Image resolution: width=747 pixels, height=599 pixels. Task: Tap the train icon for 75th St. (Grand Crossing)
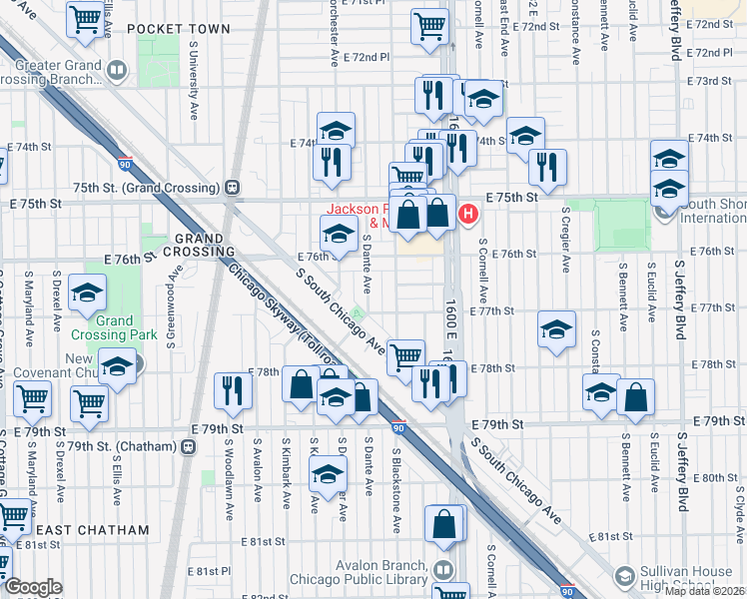point(232,188)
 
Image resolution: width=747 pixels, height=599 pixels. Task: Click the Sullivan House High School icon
point(624,575)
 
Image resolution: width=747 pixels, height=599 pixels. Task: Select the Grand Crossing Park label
point(115,327)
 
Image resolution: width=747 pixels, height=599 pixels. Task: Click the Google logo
point(33,587)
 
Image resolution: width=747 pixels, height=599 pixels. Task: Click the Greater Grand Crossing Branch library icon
point(118,70)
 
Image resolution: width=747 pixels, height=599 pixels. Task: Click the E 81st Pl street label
point(210,571)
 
